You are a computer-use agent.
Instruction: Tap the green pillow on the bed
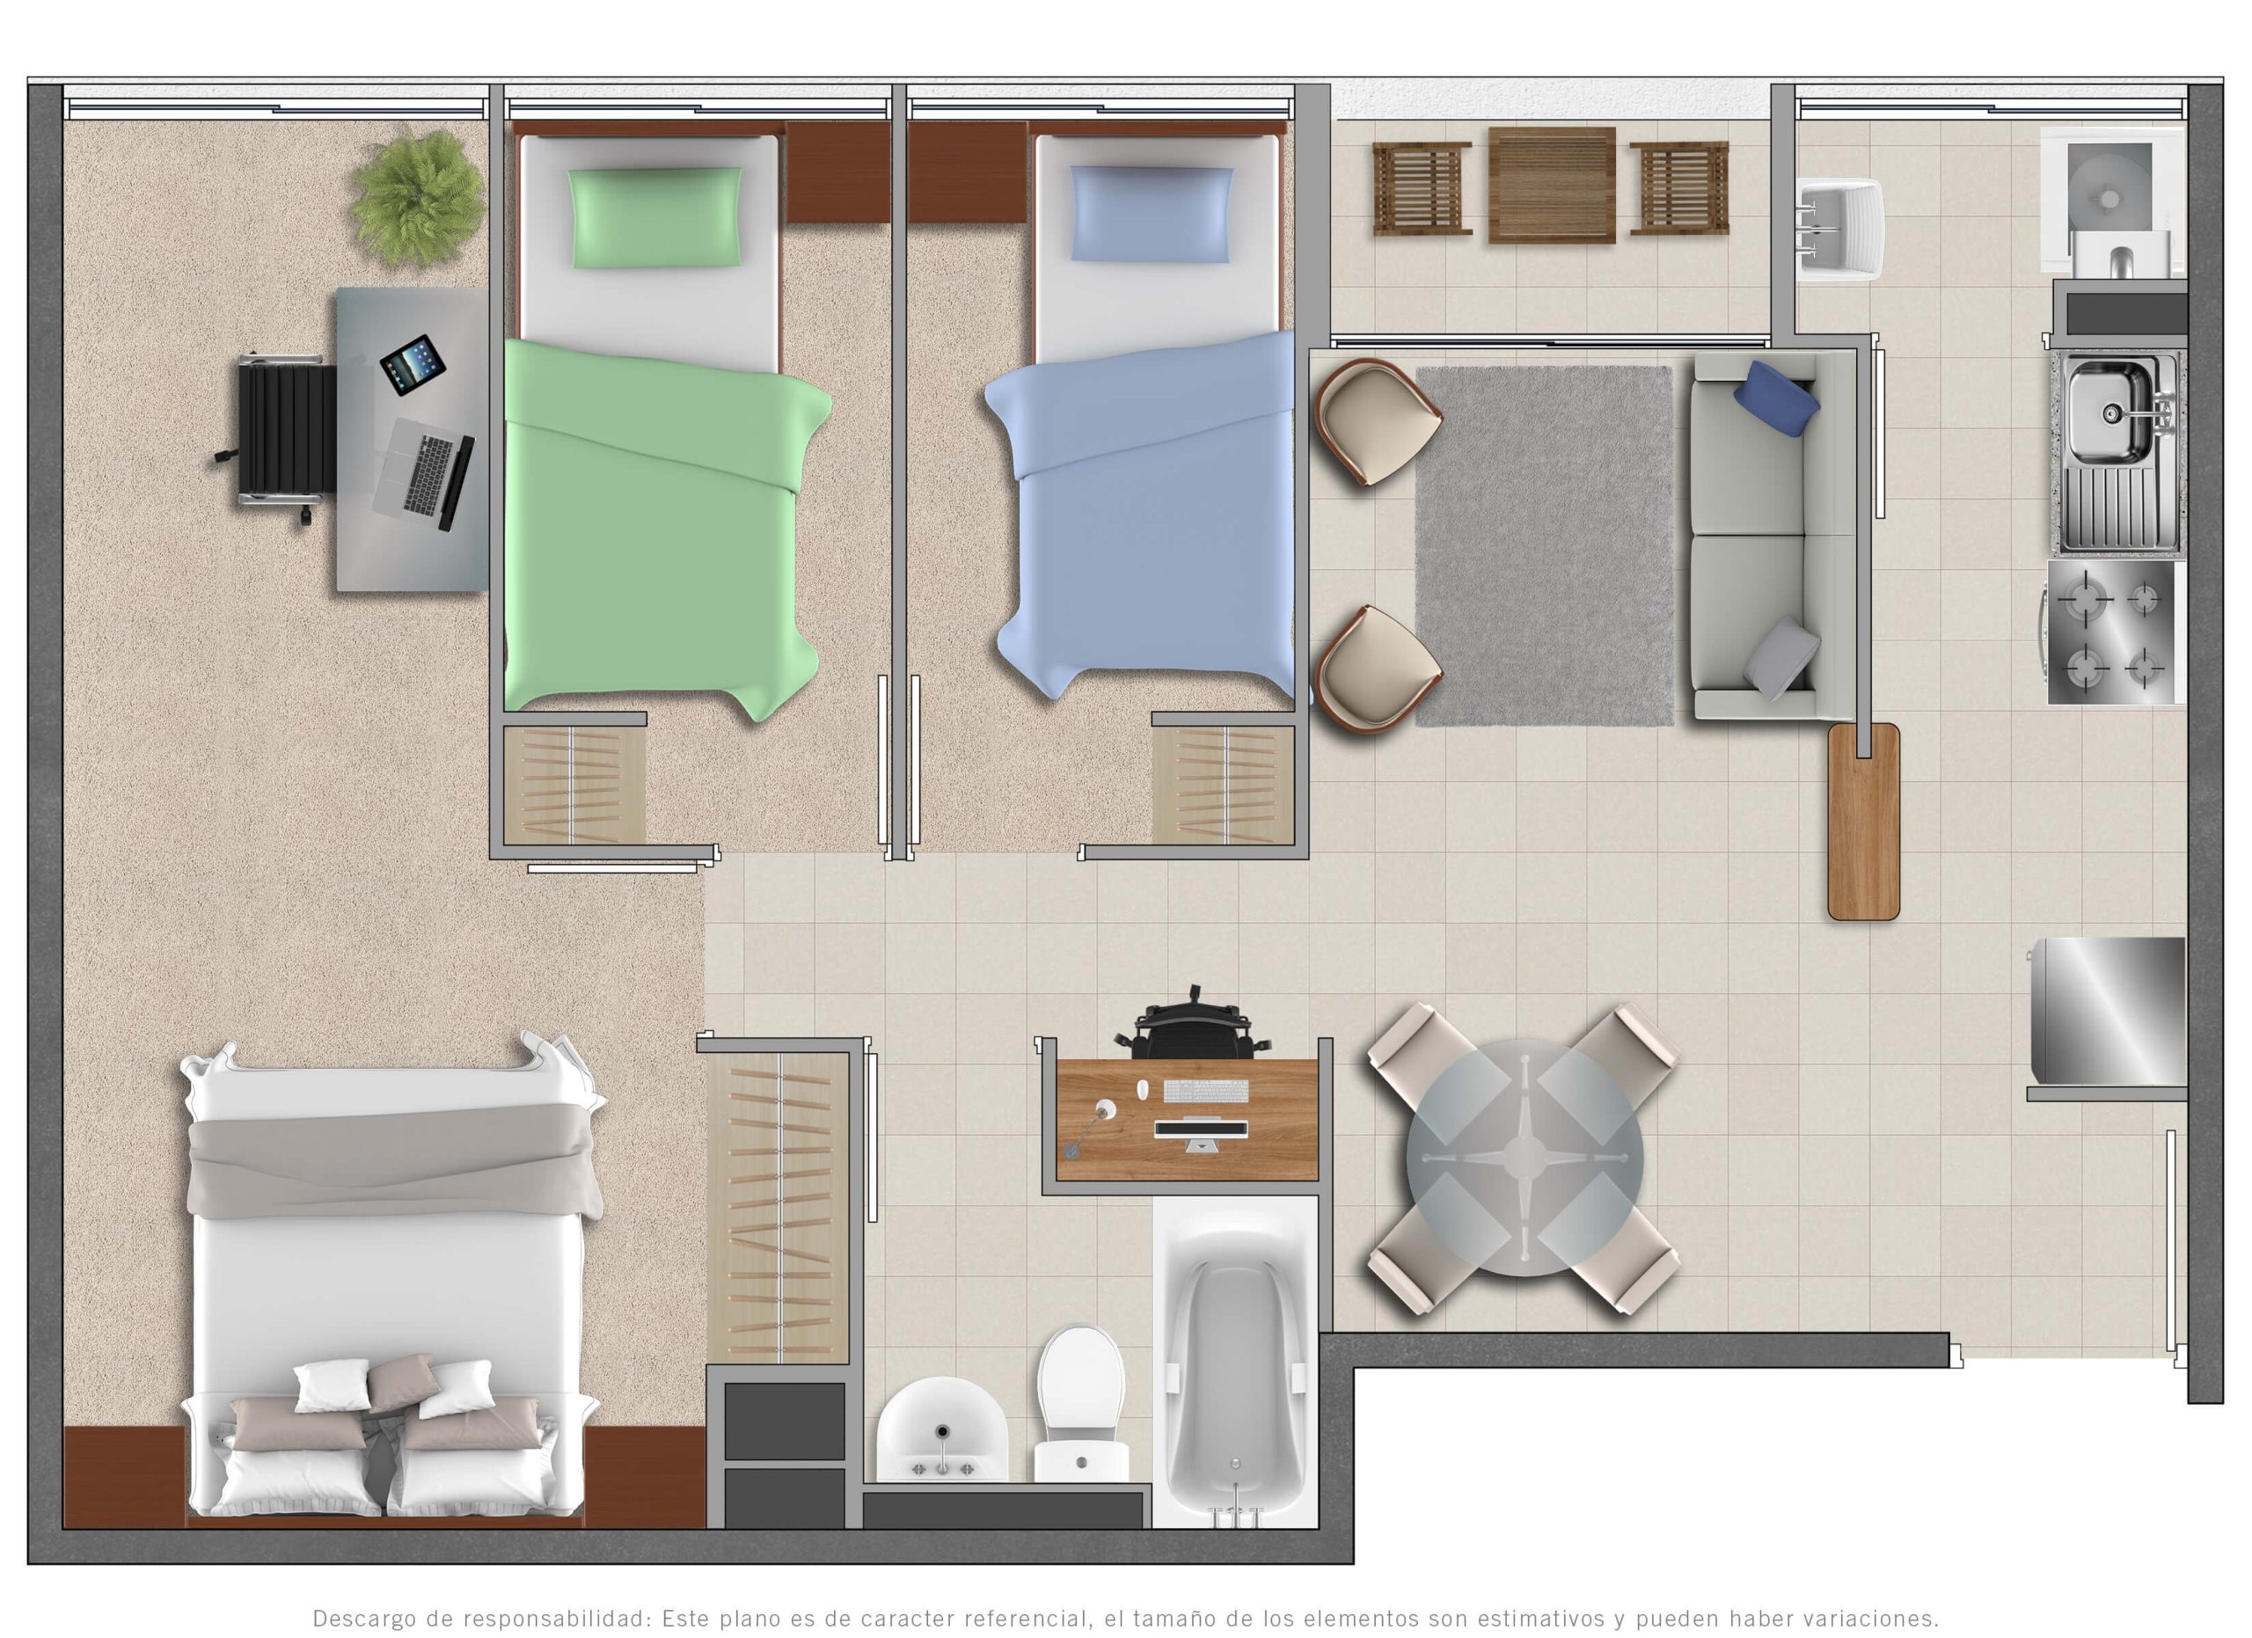656,217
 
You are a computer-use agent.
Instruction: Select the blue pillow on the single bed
1152,215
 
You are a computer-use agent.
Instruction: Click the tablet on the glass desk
412,364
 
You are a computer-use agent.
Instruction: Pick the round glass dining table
1524,1157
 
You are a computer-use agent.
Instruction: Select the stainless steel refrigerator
2105,1012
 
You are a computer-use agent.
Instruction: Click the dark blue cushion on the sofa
1776,399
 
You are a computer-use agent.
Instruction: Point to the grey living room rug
1544,546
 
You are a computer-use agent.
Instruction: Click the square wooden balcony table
1552,185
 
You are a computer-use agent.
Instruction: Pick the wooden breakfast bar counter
1864,821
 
